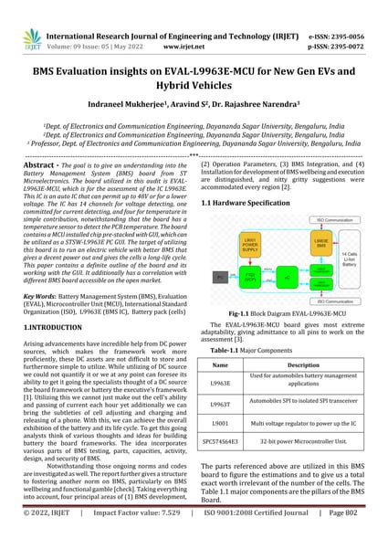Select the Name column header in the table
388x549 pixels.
point(220,363)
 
